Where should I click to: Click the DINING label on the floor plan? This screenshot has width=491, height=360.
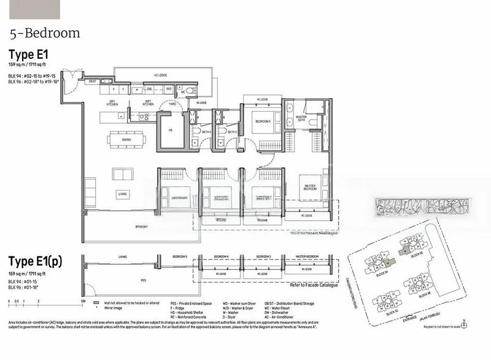coord(126,140)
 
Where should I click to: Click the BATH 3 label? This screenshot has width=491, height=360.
coord(206,131)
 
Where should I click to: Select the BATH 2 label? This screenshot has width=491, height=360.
coord(232,131)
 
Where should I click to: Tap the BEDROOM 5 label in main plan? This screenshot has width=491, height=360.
coord(263,121)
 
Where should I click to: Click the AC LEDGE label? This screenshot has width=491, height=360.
coord(161,75)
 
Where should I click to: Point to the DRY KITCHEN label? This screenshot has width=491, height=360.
coord(112,102)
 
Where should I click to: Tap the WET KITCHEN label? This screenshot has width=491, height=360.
coord(148,102)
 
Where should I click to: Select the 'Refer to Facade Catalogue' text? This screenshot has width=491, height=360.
coord(313,285)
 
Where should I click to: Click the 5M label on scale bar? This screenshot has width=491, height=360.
coord(82,302)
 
